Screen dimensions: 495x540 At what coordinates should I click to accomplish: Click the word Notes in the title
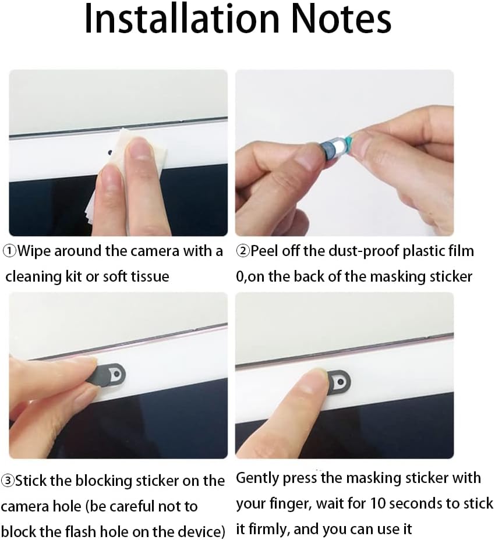click(341, 19)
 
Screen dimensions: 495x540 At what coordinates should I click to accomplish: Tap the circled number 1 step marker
click(10, 251)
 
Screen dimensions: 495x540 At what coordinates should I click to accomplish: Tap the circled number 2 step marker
click(243, 251)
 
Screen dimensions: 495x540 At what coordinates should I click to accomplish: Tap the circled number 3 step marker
click(8, 481)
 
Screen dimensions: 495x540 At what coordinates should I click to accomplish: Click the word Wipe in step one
click(34, 251)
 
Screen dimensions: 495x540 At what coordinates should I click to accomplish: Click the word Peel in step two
click(264, 251)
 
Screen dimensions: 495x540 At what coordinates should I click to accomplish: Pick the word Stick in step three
click(31, 481)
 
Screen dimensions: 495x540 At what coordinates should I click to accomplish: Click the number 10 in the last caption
click(378, 503)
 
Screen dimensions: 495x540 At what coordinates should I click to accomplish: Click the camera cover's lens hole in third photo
click(117, 374)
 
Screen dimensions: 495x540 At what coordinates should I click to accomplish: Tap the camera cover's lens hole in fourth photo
click(341, 382)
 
